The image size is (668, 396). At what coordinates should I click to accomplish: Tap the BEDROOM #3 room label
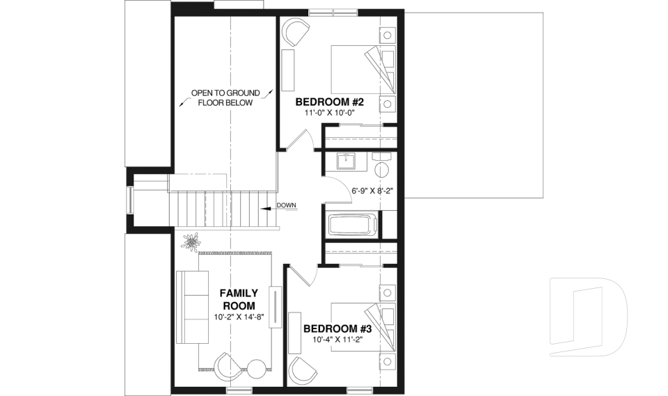pos(337,328)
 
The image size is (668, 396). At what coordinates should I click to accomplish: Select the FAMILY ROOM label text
pos(239,299)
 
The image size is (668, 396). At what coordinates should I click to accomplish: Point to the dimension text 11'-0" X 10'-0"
pos(330,113)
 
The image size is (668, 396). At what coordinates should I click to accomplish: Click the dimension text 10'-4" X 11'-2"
pos(337,340)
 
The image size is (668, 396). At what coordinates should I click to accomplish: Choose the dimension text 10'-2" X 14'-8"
pos(239,318)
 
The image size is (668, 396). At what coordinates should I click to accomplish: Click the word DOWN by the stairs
pos(287,205)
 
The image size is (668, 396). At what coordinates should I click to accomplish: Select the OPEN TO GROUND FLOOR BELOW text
pos(225,97)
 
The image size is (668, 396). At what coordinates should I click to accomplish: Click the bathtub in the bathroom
pos(353,225)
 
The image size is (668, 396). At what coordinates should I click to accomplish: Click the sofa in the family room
pos(191,306)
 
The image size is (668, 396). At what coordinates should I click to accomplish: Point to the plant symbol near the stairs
pos(190,241)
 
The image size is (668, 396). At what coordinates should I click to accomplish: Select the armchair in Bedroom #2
pos(296,32)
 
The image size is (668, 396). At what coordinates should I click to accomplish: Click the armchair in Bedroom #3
pos(302,367)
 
